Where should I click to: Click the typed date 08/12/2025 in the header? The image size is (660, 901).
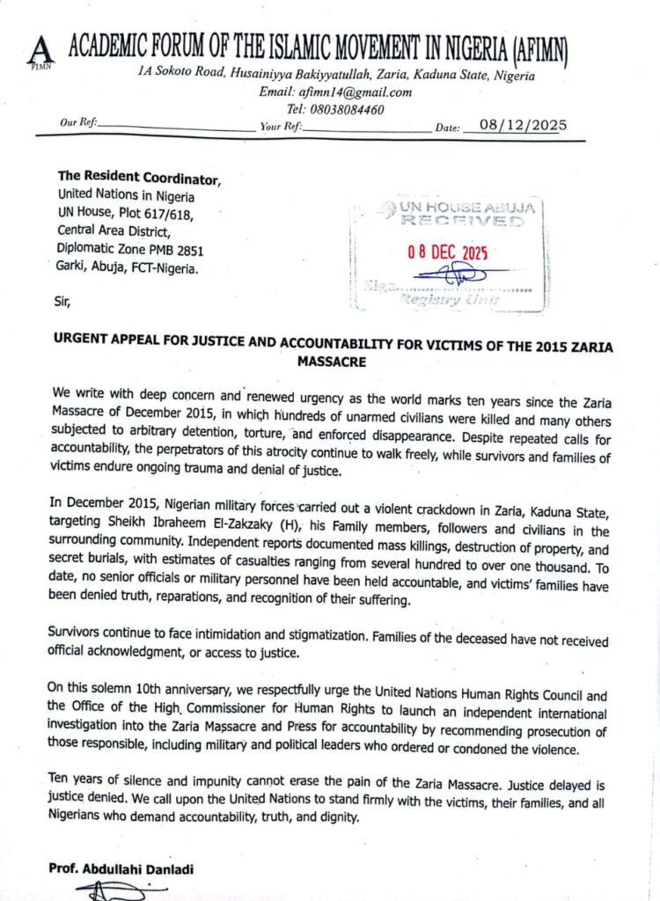pyautogui.click(x=516, y=126)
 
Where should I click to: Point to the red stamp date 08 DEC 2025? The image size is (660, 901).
pyautogui.click(x=447, y=253)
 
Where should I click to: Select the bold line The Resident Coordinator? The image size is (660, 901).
pyautogui.click(x=139, y=179)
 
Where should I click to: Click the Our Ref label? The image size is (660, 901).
pyautogui.click(x=77, y=124)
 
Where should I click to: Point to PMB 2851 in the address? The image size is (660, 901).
pyautogui.click(x=179, y=250)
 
